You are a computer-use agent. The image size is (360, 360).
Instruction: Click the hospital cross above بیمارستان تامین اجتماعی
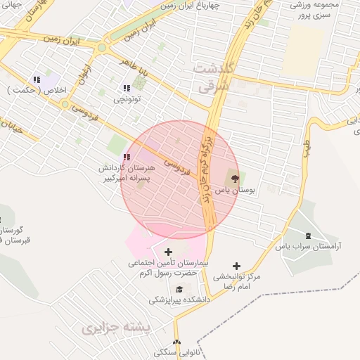tap(168, 252)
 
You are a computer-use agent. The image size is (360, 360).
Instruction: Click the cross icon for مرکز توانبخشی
tap(236, 266)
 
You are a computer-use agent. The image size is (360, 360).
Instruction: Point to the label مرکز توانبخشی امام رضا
tap(237, 282)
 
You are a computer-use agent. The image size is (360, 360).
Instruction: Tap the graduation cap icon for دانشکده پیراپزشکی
tap(179, 288)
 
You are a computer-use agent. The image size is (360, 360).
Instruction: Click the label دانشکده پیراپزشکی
tap(179, 300)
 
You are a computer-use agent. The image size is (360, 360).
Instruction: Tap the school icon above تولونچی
tap(127, 89)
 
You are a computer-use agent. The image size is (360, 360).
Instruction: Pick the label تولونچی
tap(127, 100)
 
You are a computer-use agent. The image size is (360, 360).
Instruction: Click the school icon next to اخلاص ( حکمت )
tap(37, 80)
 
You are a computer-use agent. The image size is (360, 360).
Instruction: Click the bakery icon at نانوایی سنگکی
tap(176, 342)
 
